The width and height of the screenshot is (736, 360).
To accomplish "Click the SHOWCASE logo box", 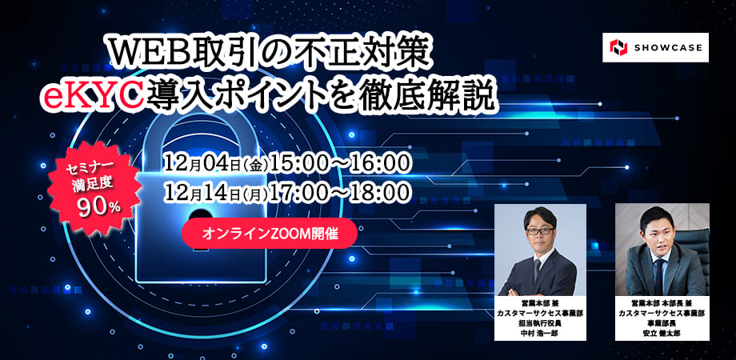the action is (x=655, y=47).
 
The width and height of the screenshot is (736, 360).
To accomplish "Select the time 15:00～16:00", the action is (x=340, y=164).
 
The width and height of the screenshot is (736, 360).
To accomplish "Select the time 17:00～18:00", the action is (x=340, y=191).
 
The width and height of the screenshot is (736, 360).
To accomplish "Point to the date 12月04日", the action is (x=202, y=164).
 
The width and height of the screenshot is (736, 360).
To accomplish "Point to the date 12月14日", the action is (x=202, y=191).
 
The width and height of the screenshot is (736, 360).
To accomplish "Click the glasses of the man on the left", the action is (x=540, y=231).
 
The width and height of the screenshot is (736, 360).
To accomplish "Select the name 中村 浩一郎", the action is (x=540, y=334).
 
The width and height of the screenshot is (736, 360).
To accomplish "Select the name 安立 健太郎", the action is (x=662, y=334).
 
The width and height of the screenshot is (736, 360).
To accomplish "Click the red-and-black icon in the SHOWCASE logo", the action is (x=618, y=47).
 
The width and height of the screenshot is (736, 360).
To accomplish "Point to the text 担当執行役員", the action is (x=540, y=323).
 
